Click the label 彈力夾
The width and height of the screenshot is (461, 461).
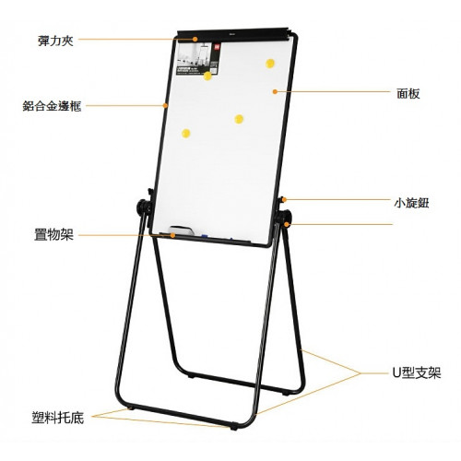(55, 41)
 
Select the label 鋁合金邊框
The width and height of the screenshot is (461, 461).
(52, 106)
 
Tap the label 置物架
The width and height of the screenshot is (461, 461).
(53, 235)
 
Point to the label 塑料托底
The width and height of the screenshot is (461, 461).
(57, 418)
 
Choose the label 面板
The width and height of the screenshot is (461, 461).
(408, 94)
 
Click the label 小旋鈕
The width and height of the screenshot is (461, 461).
(411, 203)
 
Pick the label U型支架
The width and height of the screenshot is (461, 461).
(417, 373)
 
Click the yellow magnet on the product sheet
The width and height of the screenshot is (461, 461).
(207, 76)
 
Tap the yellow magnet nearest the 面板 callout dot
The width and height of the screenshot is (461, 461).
(270, 64)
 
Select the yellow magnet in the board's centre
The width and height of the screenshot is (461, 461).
(239, 119)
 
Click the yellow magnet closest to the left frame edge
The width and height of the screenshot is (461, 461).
(186, 134)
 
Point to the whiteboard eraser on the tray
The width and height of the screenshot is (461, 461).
(182, 230)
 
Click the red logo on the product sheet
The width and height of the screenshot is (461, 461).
(217, 47)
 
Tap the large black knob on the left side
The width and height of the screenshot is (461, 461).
(143, 207)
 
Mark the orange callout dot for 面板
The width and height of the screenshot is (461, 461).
(275, 91)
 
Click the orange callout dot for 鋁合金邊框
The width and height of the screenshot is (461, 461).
(165, 106)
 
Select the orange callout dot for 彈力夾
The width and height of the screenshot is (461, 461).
(195, 39)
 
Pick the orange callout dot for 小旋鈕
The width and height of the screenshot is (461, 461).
(285, 200)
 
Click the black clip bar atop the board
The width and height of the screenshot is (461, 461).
(234, 33)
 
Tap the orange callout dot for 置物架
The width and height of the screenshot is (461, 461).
(172, 235)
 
